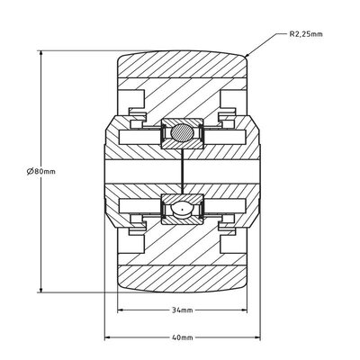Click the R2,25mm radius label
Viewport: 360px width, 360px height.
pos(306,34)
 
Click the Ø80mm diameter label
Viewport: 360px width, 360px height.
pos(41,171)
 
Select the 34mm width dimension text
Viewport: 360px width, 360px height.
pos(182,310)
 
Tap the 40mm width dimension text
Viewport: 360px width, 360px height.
pos(182,337)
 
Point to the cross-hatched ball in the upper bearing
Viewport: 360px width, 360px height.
pos(182,132)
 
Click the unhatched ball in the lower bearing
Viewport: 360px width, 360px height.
pos(182,209)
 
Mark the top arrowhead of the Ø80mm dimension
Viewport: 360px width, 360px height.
pos(41,54)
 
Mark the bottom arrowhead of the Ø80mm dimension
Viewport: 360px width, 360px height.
pos(41,289)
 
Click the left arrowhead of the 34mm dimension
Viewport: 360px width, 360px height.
pos(121,310)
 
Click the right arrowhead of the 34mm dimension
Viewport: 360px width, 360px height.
pos(244,310)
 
